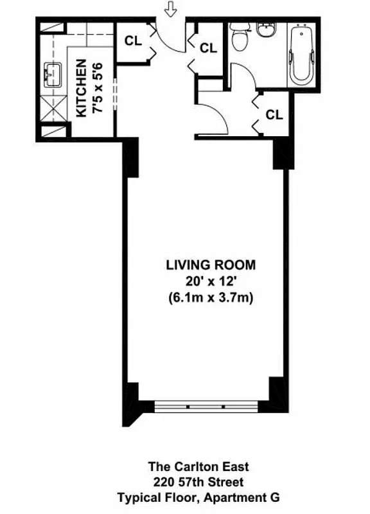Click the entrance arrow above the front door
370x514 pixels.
(x=170, y=10)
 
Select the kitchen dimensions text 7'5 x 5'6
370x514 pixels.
(x=98, y=87)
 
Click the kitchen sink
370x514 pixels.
(x=52, y=75)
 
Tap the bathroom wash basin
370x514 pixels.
(x=265, y=30)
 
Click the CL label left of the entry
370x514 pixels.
(x=133, y=40)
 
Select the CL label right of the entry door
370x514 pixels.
(x=207, y=47)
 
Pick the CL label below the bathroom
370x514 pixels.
(x=274, y=114)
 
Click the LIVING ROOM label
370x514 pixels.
(x=211, y=264)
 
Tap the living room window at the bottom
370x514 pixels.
(x=206, y=407)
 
